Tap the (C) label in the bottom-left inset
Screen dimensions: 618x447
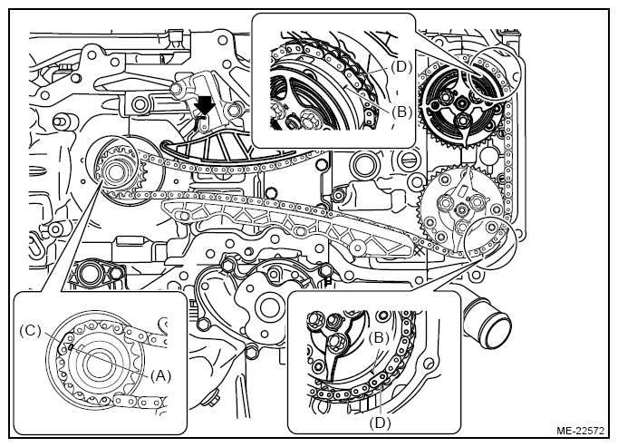tap(30, 331)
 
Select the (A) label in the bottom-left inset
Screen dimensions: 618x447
tap(159, 376)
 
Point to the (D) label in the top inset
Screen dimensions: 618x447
tap(401, 67)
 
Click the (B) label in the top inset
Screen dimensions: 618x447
tap(401, 112)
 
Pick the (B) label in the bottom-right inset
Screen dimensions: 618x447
tap(379, 337)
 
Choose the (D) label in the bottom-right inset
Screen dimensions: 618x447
tap(380, 423)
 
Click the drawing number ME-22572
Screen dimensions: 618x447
tap(580, 431)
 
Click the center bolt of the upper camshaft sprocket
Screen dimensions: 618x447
tap(459, 103)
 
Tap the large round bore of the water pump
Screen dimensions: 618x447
tap(270, 306)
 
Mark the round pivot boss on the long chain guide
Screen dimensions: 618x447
tap(357, 248)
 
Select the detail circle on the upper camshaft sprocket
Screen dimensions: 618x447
tap(497, 72)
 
